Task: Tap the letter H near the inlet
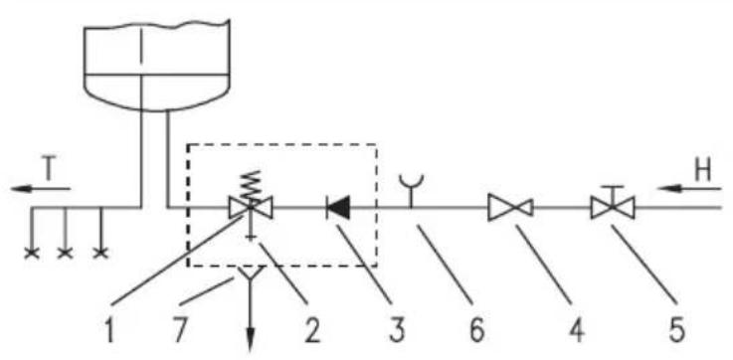702,172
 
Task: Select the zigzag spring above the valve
250,185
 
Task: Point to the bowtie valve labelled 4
510,208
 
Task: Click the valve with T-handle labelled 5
613,203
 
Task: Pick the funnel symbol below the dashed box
250,274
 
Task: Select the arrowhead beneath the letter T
21,188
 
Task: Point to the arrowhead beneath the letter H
667,188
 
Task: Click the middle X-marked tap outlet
65,253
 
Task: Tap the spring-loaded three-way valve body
251,208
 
